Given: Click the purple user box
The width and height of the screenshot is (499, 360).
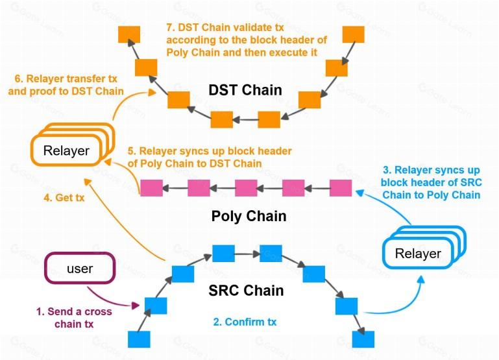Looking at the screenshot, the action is tap(80, 268).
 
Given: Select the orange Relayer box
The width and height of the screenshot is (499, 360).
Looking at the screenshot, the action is tap(72, 145).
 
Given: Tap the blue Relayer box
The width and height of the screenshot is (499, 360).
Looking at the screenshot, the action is tap(424, 247).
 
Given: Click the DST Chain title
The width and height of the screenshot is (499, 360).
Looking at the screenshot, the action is tap(245, 90).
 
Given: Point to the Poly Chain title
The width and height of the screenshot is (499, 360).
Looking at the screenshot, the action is tap(249, 216).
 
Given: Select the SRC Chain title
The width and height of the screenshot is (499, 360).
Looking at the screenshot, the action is tap(246, 291).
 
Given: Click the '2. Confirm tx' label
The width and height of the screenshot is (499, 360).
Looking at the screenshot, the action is tap(245, 322).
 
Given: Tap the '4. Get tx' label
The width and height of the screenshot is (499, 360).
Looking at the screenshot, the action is tap(64, 197).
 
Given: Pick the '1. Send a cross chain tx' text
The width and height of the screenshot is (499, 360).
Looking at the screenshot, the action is tap(74, 317).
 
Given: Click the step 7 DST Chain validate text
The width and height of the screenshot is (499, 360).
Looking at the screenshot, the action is tap(247, 40).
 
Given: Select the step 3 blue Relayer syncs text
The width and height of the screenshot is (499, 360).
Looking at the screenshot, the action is tap(432, 182).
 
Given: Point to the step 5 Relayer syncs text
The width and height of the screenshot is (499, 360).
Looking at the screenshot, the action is tap(210, 157).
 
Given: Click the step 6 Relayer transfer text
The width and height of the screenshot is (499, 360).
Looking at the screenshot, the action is tap(66, 85).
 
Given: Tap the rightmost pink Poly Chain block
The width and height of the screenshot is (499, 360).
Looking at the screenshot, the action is tap(341, 187).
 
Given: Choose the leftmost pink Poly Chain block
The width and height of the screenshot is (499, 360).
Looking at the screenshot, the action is tap(151, 187).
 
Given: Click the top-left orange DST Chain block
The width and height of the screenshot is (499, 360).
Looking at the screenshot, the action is tap(129, 34).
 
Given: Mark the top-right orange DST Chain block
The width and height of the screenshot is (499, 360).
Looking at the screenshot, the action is tap(353, 34).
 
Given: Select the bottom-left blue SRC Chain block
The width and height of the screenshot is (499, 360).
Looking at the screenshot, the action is tap(139, 339).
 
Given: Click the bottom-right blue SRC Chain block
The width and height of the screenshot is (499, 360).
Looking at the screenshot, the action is tap(363, 339).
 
